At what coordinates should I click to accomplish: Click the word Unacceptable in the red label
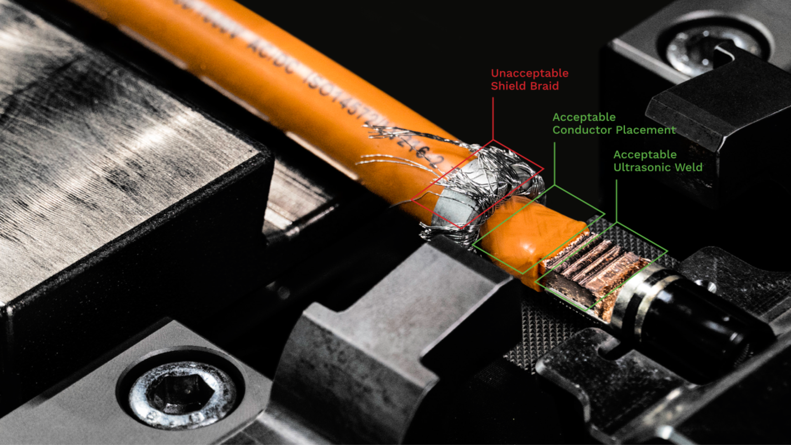point(529,73)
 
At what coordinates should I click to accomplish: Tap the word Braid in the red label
point(545,86)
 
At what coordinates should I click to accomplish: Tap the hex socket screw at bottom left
point(182,394)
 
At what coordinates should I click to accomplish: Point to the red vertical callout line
point(493,119)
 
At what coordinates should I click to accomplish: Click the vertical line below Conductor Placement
point(555,163)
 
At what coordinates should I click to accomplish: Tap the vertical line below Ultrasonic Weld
point(616,200)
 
